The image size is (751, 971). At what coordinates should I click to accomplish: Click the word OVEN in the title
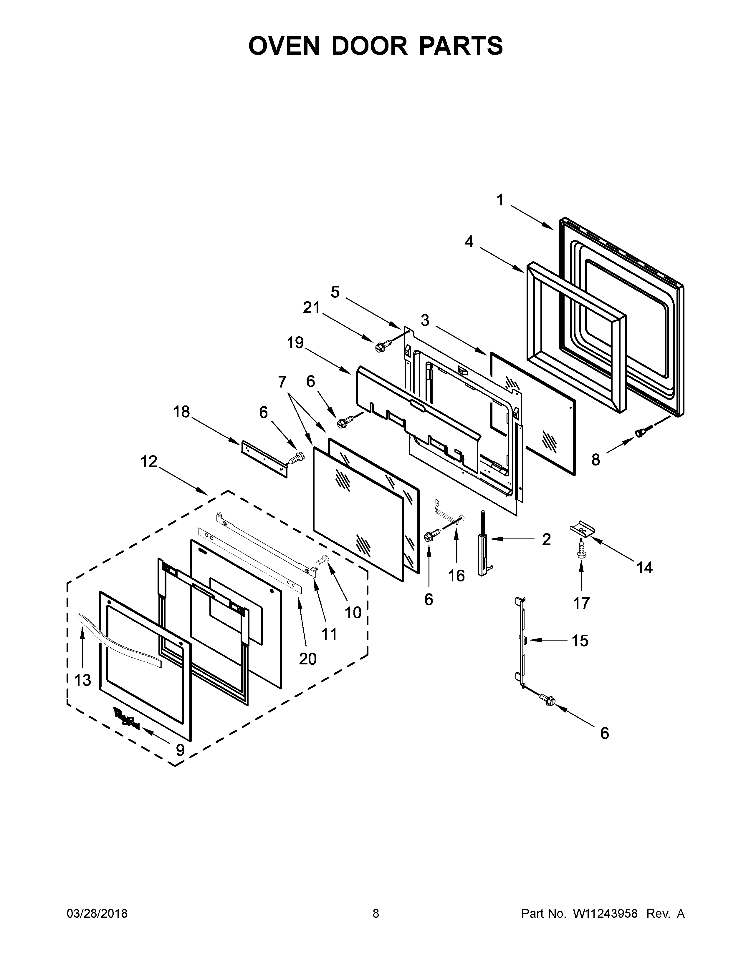point(284,46)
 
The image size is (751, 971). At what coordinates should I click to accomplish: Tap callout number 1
point(500,200)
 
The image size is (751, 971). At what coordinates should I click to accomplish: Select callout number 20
point(307,659)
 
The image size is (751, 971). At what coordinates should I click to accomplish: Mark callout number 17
point(581,603)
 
